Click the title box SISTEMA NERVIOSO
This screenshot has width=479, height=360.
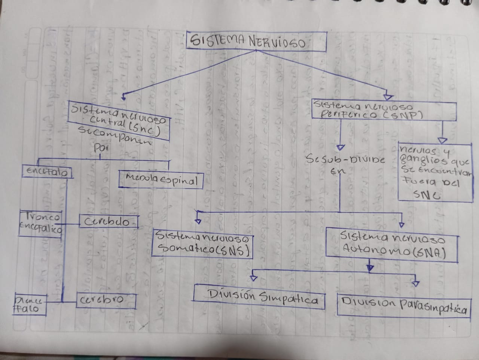pos(256,41)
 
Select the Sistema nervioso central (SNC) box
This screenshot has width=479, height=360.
pos(118,120)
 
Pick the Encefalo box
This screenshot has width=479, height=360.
pos(48,172)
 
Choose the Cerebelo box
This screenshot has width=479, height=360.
pos(108,222)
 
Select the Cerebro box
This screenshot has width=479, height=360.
pos(106,300)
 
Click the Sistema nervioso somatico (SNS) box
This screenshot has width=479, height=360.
pos(202,244)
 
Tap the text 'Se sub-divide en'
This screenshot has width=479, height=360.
pos(345,164)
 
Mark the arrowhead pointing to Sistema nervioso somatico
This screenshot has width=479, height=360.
pos(198,220)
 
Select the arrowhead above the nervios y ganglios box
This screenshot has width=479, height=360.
pos(443,140)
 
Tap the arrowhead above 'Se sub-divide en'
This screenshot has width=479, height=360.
pos(341,147)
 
